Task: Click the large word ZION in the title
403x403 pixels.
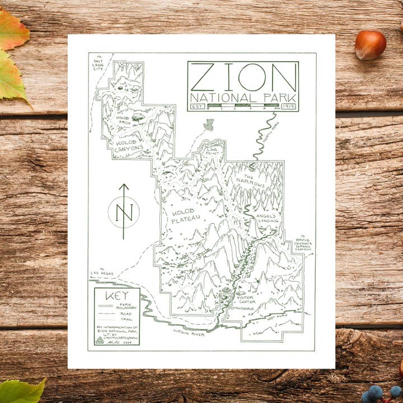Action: pyautogui.click(x=242, y=77)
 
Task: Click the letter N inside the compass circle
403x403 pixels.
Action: pyautogui.click(x=124, y=212)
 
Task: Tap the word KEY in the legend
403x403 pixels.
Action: pyautogui.click(x=116, y=296)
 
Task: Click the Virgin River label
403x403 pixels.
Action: pyautogui.click(x=189, y=334)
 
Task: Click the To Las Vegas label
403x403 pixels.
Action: pyautogui.click(x=102, y=273)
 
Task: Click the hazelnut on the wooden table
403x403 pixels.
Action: pyautogui.click(x=370, y=45)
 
